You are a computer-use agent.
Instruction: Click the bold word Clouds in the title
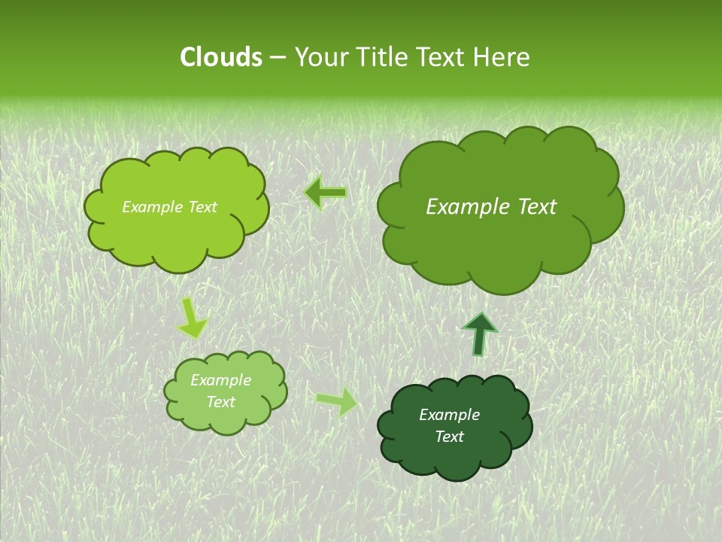coord(220,57)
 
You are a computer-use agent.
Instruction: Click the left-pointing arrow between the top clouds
coord(325,193)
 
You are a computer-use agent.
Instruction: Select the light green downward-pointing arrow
coord(193,318)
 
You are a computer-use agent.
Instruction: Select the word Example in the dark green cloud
coord(449,415)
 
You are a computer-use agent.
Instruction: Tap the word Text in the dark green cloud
coord(449,437)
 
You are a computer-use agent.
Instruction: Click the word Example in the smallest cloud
coord(220,380)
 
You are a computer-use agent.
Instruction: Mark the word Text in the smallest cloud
coord(220,402)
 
